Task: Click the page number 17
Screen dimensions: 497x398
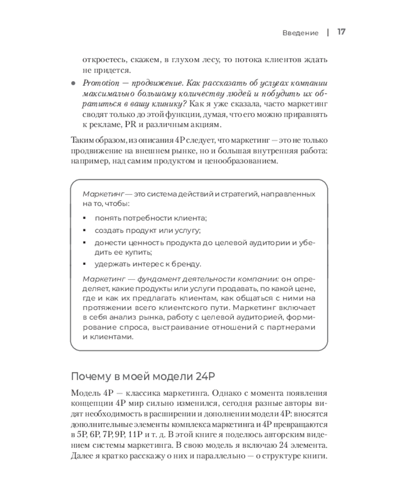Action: click(341, 32)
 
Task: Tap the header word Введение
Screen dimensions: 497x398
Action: click(300, 33)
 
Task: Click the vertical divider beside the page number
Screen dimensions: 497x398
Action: click(328, 32)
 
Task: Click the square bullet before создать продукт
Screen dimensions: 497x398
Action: click(84, 231)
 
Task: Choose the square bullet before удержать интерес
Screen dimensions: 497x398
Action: click(84, 264)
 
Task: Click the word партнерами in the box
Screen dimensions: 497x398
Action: click(291, 326)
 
